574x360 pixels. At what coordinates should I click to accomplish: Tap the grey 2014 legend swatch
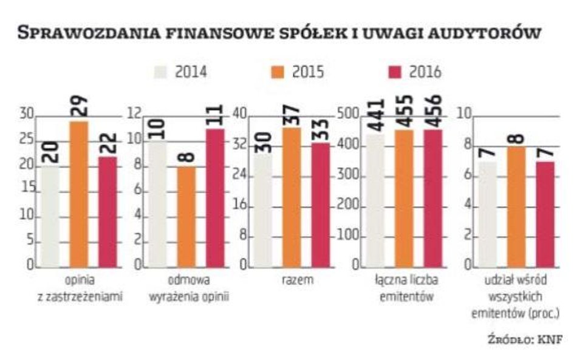161,73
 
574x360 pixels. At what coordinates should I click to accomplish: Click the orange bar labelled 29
78,194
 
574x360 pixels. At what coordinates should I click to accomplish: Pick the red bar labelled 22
107,212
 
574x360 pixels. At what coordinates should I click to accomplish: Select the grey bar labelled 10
157,204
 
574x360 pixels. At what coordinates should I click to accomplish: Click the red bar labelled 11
215,198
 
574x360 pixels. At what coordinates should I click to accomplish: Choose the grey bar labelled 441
375,200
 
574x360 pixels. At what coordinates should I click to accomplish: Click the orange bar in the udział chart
516,206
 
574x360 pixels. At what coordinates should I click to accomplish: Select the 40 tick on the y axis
242,115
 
